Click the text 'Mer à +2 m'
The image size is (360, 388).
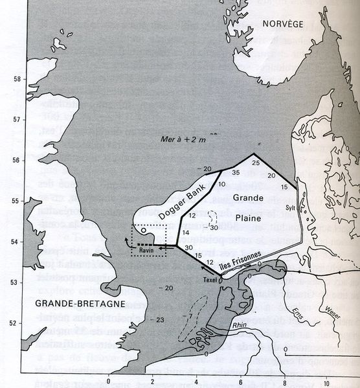click(x=182, y=139)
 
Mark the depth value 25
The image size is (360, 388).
click(x=255, y=162)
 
